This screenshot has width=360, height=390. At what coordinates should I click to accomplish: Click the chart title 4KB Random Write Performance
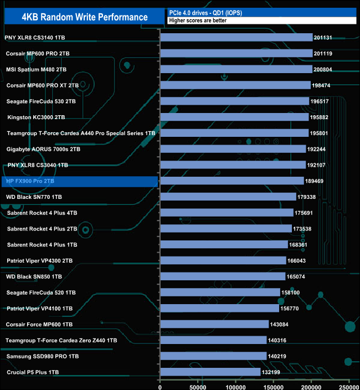tap(85, 17)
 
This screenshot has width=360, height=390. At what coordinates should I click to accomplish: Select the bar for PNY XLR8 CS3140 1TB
tap(236, 38)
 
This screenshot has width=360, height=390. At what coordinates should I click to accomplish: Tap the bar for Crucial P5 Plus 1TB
tap(210, 372)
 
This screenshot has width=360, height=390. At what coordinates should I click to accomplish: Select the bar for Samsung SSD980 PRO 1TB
tap(213, 356)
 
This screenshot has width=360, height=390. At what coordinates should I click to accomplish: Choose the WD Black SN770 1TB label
tap(34, 197)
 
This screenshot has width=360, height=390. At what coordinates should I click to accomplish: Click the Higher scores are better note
tap(198, 20)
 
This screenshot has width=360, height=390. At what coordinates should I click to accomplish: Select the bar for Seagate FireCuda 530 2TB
tap(234, 101)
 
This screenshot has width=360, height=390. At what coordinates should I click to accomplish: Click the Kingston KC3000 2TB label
tap(36, 117)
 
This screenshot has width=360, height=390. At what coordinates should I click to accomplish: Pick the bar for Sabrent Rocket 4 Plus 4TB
tap(227, 213)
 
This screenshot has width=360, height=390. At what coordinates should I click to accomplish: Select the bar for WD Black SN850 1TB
tap(223, 276)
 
